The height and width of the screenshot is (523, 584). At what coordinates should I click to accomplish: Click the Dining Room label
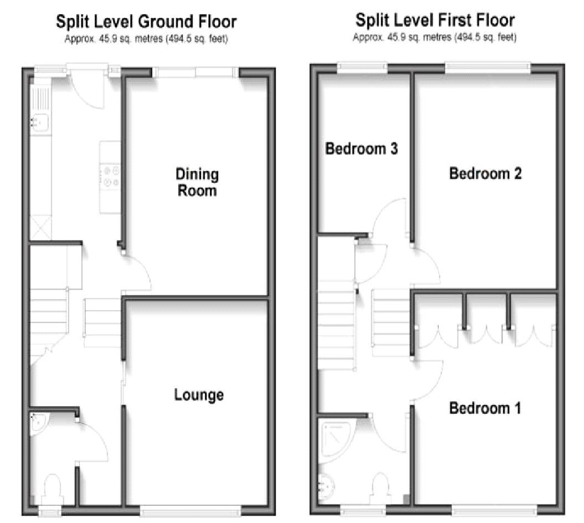[x=197, y=182]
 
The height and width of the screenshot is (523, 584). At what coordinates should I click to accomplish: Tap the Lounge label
[x=199, y=395]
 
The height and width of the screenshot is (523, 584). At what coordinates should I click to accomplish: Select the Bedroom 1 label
[x=485, y=409]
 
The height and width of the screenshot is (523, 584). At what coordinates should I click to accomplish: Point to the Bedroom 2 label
[x=485, y=174]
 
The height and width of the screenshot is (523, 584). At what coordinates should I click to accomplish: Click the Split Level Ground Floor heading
[x=146, y=22]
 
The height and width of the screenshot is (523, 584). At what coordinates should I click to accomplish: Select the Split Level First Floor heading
[x=435, y=20]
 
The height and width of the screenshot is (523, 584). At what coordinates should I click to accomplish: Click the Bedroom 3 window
[x=363, y=67]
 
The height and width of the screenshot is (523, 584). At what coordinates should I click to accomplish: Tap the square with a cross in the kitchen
[x=41, y=228]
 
